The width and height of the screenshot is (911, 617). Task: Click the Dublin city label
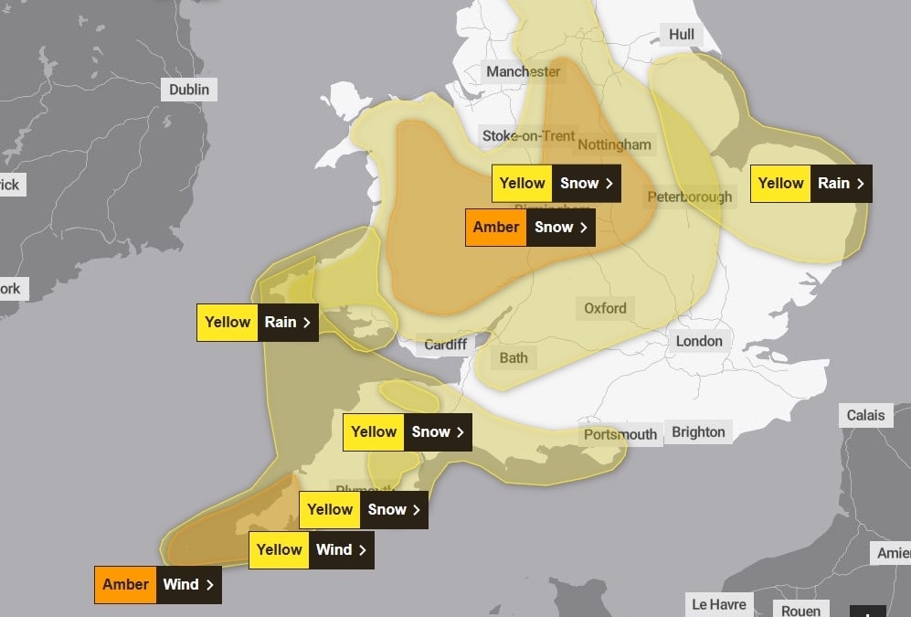tap(189, 90)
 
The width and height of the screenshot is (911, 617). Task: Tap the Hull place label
tap(681, 35)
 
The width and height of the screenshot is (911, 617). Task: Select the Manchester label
tap(523, 71)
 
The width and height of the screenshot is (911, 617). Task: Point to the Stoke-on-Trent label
tap(528, 135)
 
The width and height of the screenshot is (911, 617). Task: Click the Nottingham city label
tap(614, 144)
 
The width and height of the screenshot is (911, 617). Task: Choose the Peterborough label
tap(689, 197)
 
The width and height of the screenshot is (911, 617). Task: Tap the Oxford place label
tap(605, 308)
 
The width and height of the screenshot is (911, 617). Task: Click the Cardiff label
tap(446, 345)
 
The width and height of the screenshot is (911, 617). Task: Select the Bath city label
tap(513, 357)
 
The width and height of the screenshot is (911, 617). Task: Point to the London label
tap(699, 341)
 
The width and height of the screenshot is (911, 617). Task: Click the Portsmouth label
tap(620, 434)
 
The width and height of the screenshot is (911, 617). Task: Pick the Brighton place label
tap(698, 432)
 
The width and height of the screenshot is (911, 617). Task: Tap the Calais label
tap(865, 415)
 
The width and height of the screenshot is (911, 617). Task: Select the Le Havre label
tap(718, 604)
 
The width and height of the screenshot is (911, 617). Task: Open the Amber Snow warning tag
tap(530, 228)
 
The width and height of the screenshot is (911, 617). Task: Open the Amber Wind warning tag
tap(157, 585)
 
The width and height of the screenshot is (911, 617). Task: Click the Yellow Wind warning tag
tap(311, 550)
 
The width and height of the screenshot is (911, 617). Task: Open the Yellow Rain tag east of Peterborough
tap(810, 184)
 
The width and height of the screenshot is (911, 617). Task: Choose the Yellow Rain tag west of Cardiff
tap(257, 323)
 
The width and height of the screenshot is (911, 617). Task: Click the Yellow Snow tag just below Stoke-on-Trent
tap(556, 184)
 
